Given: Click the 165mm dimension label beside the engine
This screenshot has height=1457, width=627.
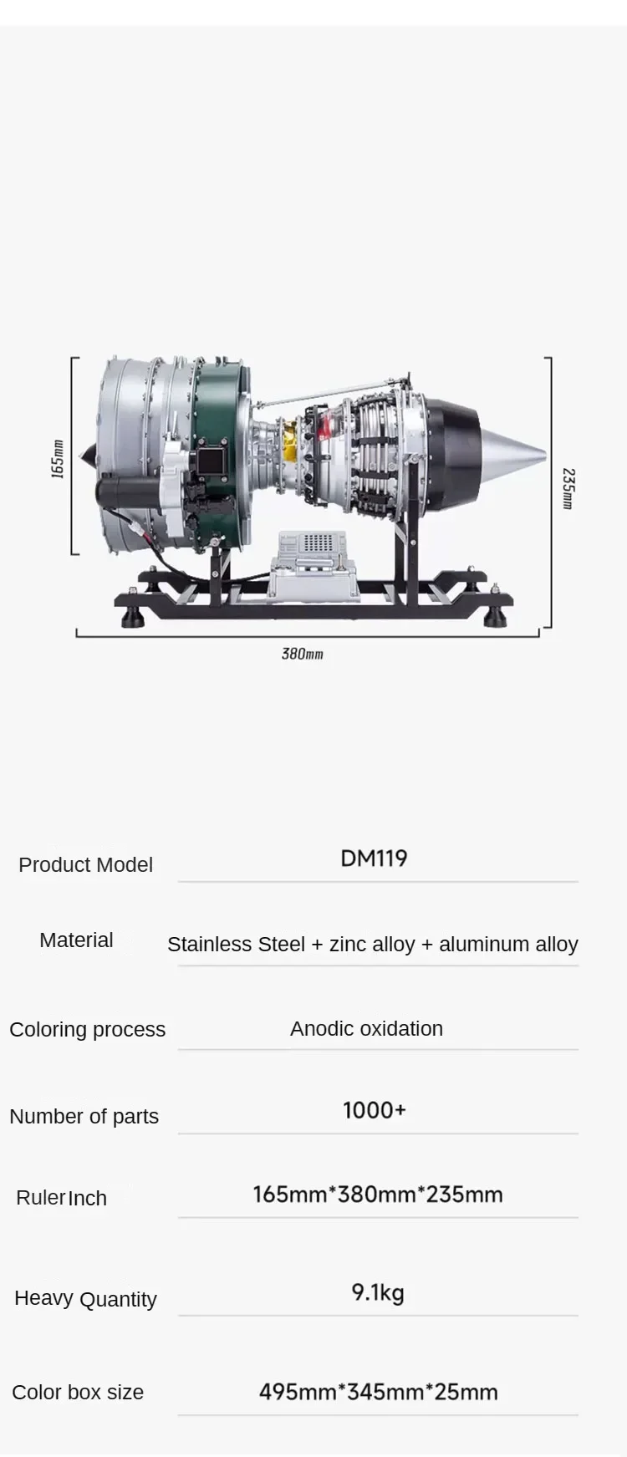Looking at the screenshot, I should pyautogui.click(x=58, y=459).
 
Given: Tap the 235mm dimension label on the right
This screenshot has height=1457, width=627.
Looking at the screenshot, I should pyautogui.click(x=568, y=488).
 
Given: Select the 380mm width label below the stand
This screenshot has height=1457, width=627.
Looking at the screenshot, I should pyautogui.click(x=302, y=654).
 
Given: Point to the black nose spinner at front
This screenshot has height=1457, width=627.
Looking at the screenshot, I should pyautogui.click(x=87, y=456).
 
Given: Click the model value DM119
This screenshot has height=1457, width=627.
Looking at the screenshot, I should pyautogui.click(x=374, y=858).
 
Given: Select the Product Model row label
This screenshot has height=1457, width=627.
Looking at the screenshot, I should pyautogui.click(x=85, y=864).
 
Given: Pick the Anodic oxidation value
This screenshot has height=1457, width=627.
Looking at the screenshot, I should pyautogui.click(x=366, y=1028).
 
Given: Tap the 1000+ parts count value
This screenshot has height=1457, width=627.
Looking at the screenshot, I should pyautogui.click(x=374, y=1110).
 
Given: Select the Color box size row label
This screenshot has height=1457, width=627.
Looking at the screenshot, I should pyautogui.click(x=78, y=1392).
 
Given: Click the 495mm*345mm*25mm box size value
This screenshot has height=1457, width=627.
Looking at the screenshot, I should pyautogui.click(x=378, y=1392).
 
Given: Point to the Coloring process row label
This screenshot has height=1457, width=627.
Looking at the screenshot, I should pyautogui.click(x=87, y=1029).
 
